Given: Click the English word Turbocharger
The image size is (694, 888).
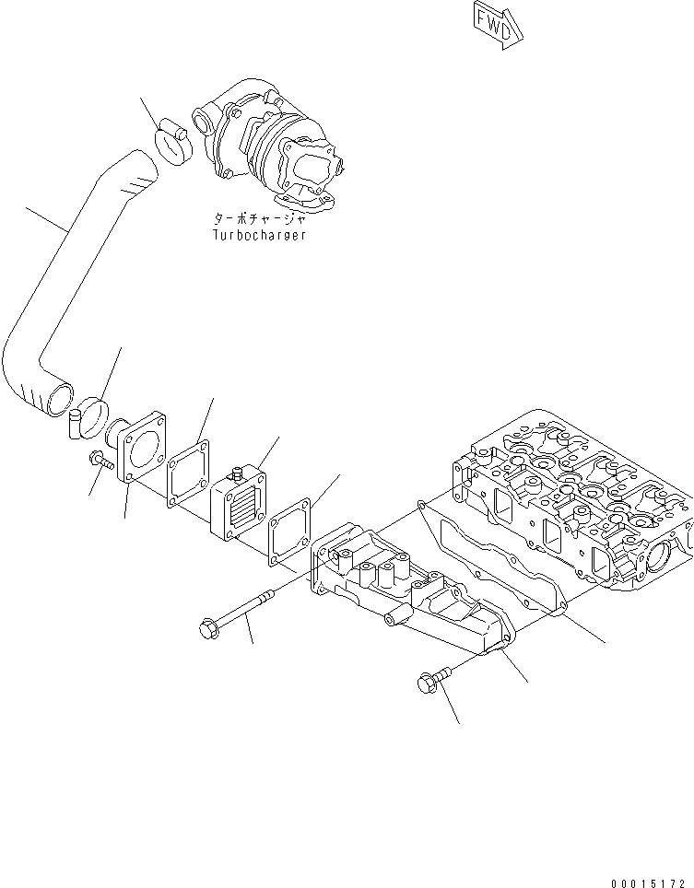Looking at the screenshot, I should pos(258,235).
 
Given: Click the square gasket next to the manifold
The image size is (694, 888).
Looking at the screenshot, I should pos(291,534).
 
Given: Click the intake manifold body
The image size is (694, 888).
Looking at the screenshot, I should pos(406,599).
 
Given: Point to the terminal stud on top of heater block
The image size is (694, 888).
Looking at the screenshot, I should pos(235,473).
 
